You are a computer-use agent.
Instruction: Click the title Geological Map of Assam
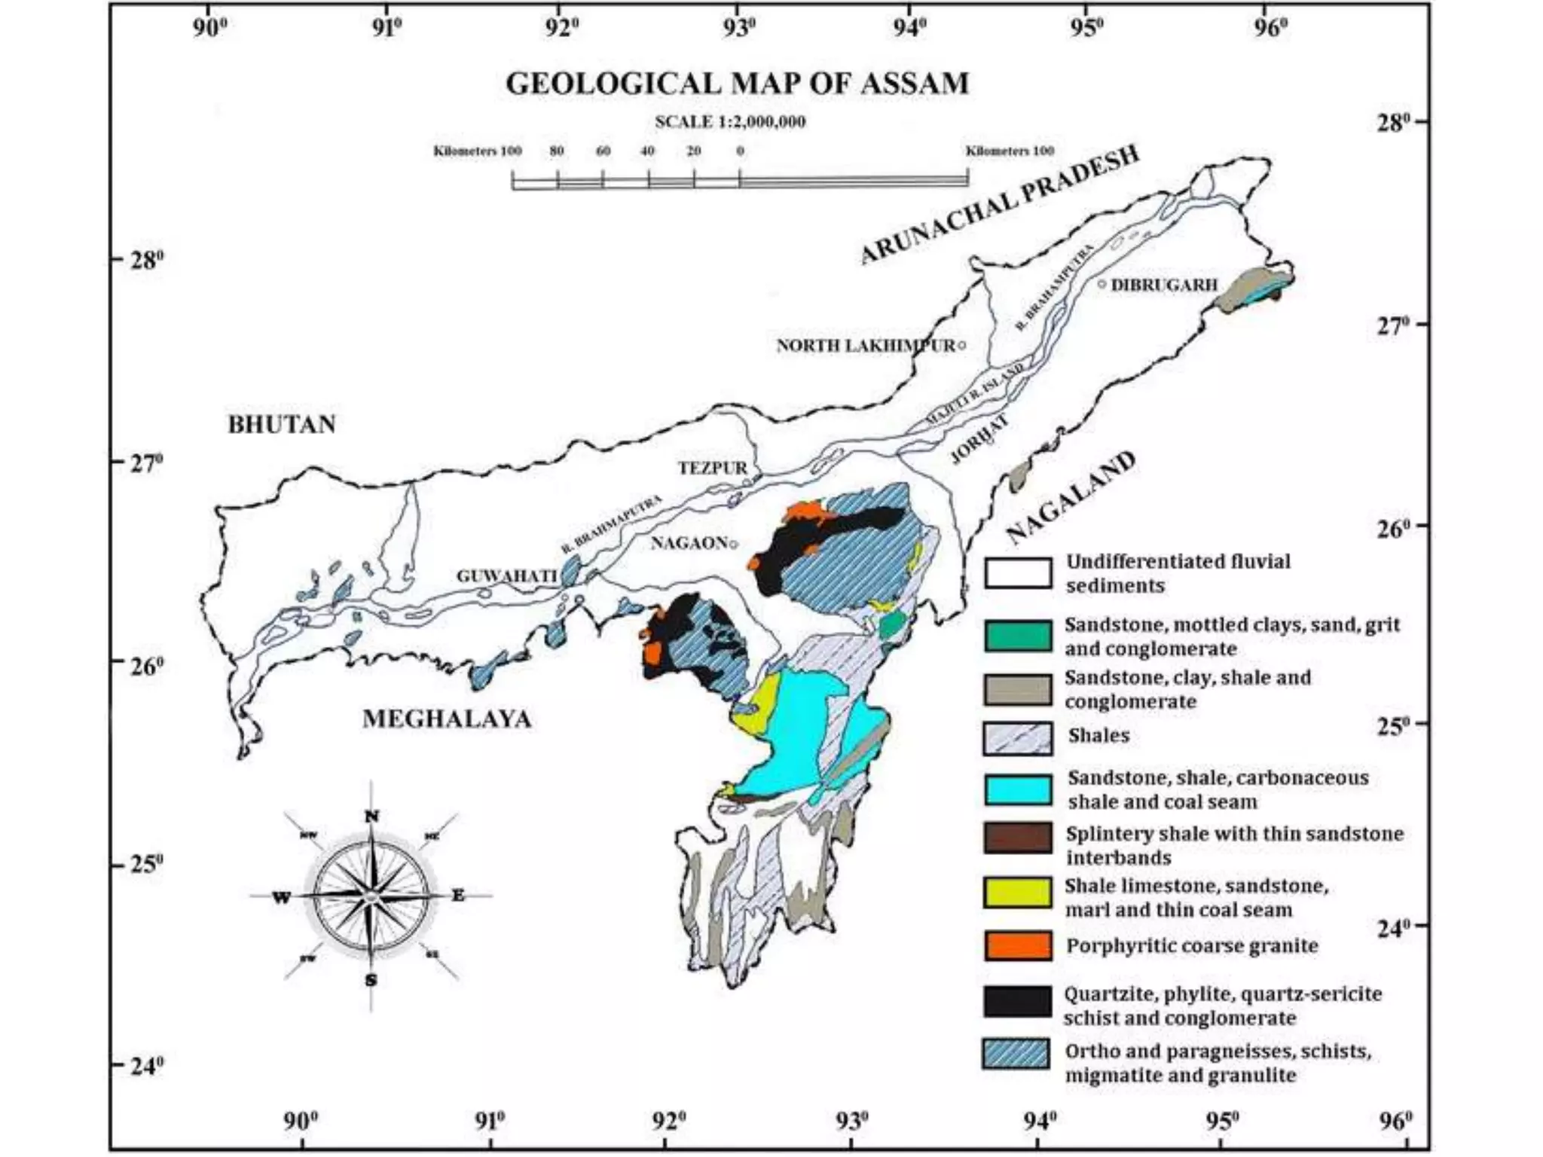click(737, 83)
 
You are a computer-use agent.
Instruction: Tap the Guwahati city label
click(506, 576)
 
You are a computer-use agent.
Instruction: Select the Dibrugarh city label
click(1164, 285)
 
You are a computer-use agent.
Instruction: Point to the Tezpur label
click(713, 468)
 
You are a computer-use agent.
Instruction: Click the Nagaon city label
click(689, 542)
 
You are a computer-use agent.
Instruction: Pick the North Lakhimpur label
click(865, 346)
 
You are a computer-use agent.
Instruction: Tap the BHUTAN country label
click(282, 425)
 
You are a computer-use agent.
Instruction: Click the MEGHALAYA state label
click(447, 719)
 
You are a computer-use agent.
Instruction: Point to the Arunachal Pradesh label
click(999, 205)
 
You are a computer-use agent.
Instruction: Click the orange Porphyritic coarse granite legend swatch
click(1017, 945)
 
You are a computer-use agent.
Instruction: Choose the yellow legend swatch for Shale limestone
click(1017, 893)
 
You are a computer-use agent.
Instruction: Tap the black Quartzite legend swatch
click(1017, 1001)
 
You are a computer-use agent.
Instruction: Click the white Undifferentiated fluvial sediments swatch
click(1017, 573)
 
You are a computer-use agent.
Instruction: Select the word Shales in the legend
click(1098, 735)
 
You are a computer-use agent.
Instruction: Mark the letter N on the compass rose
click(371, 817)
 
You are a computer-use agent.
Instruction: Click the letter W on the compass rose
click(281, 898)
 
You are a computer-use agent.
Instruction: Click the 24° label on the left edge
click(147, 1067)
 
